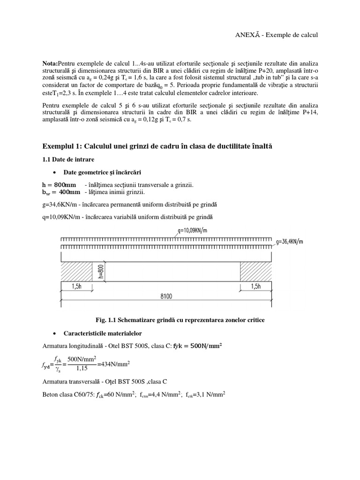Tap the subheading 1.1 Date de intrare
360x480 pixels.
coord(68,160)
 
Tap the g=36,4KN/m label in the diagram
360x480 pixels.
coord(290,242)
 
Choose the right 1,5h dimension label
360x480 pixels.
coord(256,287)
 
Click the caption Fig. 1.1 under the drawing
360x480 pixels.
coord(180,320)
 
